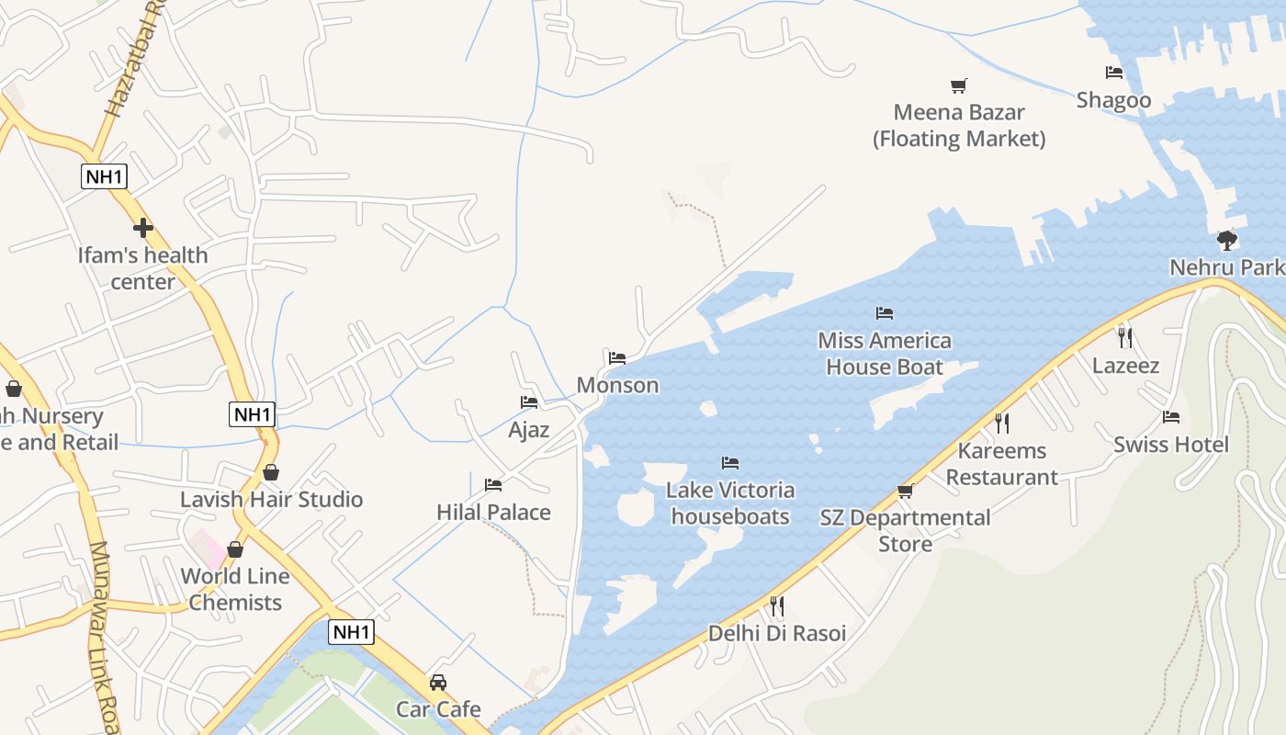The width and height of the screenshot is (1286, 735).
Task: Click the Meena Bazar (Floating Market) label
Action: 959,126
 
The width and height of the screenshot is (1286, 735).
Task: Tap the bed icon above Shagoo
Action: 1114,73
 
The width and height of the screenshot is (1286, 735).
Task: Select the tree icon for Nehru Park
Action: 1226,241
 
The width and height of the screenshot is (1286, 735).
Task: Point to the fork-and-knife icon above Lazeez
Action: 1125,337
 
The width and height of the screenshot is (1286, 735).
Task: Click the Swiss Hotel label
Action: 1170,445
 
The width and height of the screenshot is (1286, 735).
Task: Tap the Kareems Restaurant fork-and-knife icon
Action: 1002,423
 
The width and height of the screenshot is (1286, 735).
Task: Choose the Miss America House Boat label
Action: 885,354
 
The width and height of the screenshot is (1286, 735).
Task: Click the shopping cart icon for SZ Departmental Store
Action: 905,492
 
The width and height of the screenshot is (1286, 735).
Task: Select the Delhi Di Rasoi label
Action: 777,633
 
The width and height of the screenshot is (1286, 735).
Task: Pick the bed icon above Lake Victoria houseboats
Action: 730,462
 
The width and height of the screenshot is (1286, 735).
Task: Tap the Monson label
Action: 617,385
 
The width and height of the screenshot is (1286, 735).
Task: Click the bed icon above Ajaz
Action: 528,402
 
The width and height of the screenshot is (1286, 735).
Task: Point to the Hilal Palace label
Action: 493,512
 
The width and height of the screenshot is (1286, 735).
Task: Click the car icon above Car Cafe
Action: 438,683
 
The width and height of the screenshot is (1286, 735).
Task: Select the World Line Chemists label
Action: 235,590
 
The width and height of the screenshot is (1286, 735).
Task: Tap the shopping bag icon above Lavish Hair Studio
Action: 271,472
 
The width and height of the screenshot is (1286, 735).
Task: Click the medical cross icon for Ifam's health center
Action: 142,227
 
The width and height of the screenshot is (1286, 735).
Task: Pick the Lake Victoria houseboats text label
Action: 730,503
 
